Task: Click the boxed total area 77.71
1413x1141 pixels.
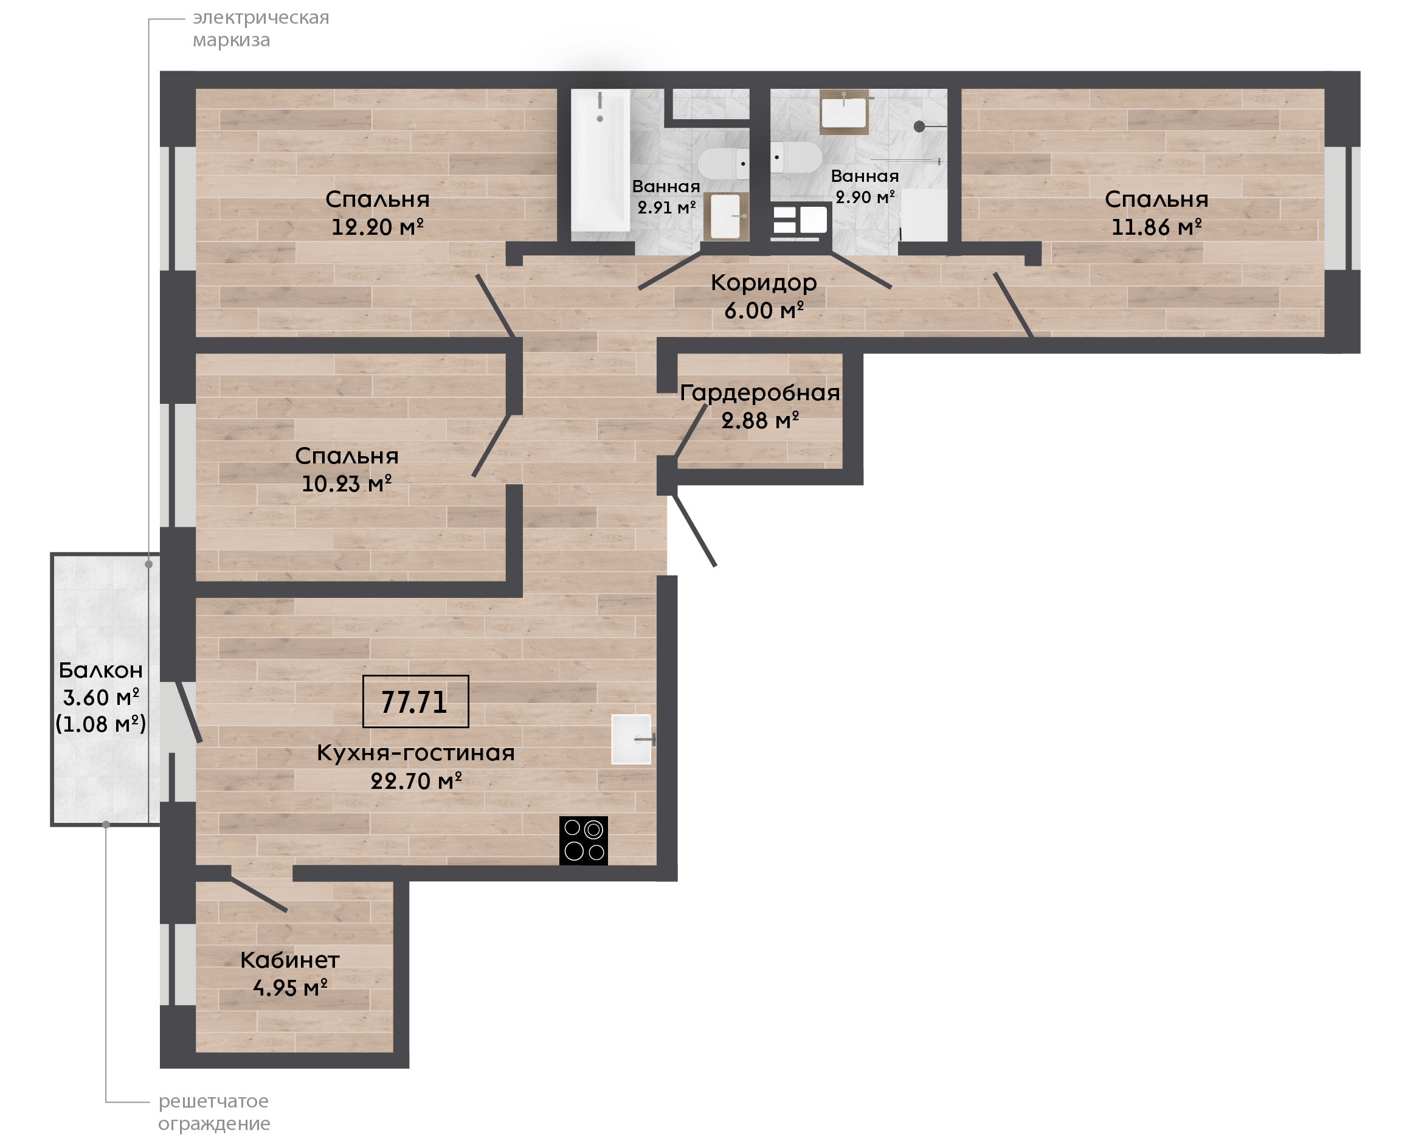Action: click(x=415, y=702)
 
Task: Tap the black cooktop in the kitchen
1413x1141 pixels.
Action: click(x=583, y=841)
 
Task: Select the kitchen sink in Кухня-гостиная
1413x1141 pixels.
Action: click(x=631, y=740)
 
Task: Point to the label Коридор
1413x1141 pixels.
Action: click(x=764, y=282)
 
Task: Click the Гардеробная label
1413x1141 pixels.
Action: click(x=759, y=392)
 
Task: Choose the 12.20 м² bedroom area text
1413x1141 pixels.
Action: click(x=377, y=227)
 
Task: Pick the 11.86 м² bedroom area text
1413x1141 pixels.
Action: click(x=1156, y=227)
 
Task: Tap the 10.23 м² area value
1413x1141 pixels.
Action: click(x=347, y=484)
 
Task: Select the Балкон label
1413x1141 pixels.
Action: click(x=100, y=670)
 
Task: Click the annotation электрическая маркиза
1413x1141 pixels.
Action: click(x=261, y=28)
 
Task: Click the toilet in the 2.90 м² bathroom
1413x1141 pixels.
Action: click(x=796, y=157)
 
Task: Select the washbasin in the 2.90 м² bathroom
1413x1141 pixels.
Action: click(x=844, y=113)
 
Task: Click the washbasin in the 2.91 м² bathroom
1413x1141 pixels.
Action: click(x=726, y=217)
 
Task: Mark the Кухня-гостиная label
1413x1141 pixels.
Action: click(x=416, y=753)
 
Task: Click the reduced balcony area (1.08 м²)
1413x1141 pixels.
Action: click(x=100, y=724)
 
